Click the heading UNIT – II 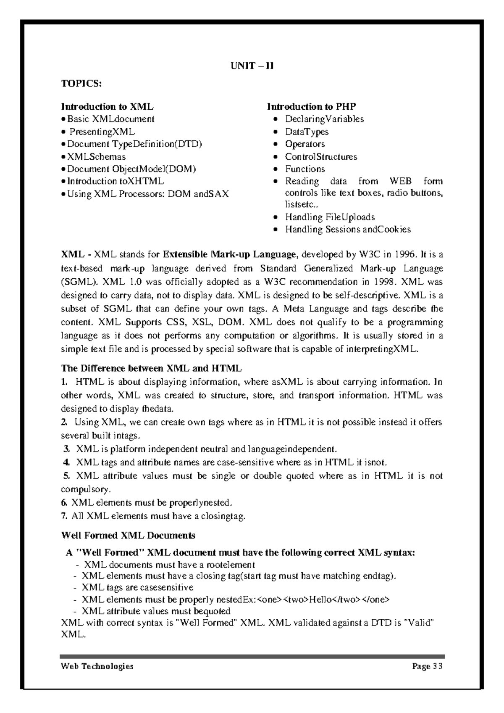(x=252, y=66)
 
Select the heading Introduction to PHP (x=312, y=106)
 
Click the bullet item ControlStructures (x=321, y=157)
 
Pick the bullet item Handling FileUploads (x=330, y=217)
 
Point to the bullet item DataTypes (x=307, y=132)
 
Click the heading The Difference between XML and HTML (x=151, y=369)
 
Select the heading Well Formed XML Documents (x=128, y=536)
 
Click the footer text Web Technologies (x=97, y=666)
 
